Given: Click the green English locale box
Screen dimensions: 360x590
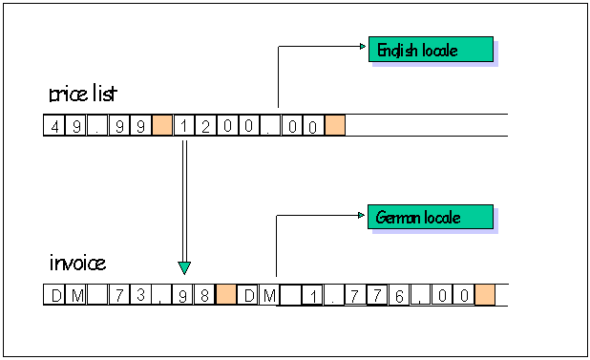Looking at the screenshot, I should pos(431,50).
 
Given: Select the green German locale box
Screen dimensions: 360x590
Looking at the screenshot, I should pos(431,217).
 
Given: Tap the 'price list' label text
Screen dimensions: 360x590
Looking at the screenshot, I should pos(84,95).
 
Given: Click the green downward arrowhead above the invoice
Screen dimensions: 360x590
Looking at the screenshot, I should pos(184,267).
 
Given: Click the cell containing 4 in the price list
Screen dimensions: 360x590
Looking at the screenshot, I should pos(53,125).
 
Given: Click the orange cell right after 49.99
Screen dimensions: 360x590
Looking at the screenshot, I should pos(161,125).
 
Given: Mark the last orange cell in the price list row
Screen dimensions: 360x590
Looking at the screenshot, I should pos(334,125).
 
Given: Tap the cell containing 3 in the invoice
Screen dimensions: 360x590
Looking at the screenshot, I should pos(140,295).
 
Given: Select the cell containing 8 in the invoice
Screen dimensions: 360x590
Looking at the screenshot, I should pos(205,295).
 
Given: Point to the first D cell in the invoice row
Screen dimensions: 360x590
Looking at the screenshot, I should pos(53,295).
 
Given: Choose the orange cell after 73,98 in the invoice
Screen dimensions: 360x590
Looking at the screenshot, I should pos(226,295).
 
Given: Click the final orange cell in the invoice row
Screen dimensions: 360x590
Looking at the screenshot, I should pos(485,295).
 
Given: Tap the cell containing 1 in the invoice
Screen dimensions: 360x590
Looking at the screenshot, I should pos(313,295).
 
